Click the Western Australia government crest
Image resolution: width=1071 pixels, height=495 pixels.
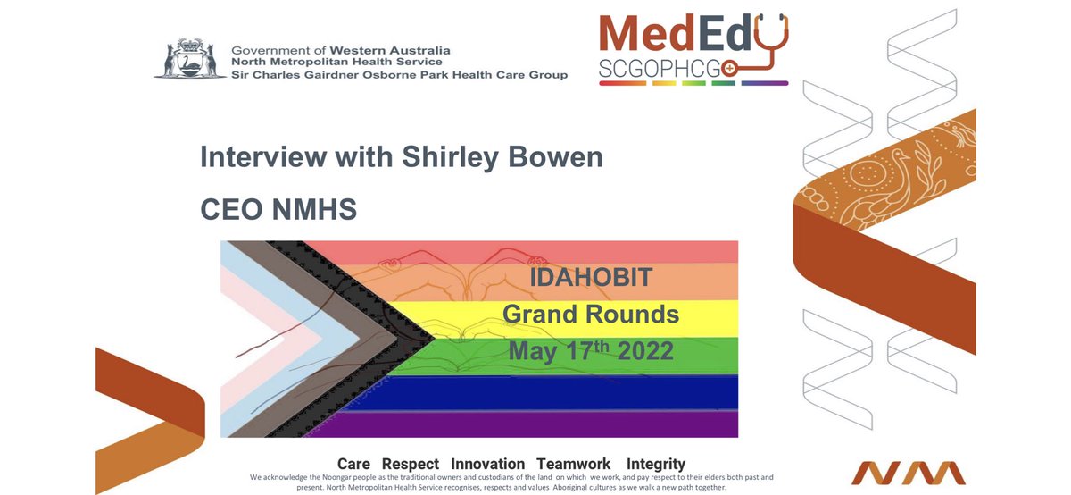187,61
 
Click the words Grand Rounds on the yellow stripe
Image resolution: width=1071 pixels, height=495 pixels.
590,314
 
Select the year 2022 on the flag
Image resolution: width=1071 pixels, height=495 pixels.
640,350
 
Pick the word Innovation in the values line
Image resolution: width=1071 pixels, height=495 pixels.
487,464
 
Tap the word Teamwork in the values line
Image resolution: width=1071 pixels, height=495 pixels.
573,464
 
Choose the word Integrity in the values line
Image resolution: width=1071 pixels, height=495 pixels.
656,464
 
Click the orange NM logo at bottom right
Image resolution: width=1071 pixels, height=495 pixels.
908,473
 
